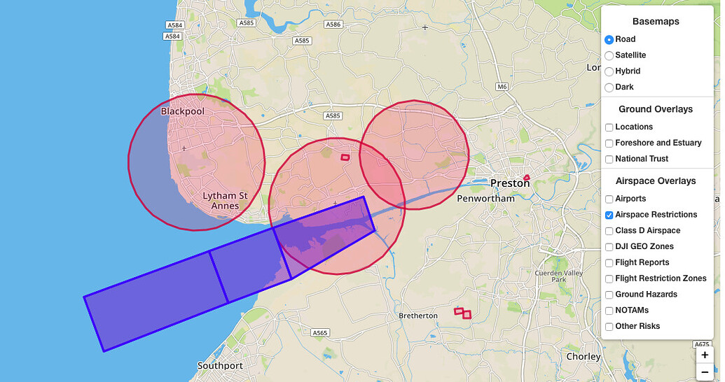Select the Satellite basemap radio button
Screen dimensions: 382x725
(x=609, y=55)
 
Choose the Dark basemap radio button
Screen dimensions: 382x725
(x=609, y=87)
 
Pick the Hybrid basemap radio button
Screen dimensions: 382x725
(x=609, y=71)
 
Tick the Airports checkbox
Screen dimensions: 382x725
(x=609, y=199)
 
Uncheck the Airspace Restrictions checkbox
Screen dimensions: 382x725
(x=609, y=215)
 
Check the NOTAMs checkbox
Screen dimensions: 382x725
(x=609, y=311)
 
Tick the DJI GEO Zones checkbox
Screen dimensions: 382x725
(x=609, y=247)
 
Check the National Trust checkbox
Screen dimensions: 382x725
(x=609, y=160)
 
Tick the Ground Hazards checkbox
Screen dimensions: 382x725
(x=609, y=295)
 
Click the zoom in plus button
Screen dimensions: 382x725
(x=705, y=355)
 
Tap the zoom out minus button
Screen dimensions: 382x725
(x=705, y=372)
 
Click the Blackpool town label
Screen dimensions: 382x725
(x=182, y=111)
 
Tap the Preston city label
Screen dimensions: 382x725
(x=510, y=183)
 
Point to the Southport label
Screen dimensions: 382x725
(x=220, y=366)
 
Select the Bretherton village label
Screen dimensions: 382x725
(x=418, y=316)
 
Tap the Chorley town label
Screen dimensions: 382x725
(x=583, y=357)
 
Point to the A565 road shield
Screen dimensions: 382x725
(x=320, y=333)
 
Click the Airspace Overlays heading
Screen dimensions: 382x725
(x=655, y=181)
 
